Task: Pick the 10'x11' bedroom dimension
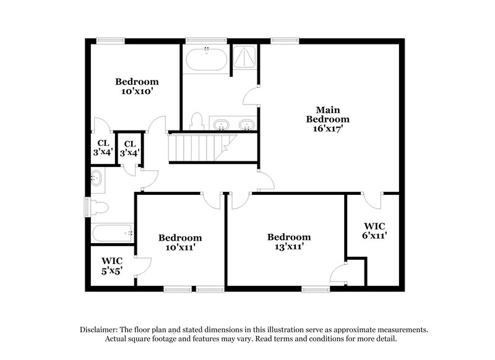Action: click(x=179, y=247)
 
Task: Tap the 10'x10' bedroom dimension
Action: click(x=137, y=91)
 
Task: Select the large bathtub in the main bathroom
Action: click(x=206, y=59)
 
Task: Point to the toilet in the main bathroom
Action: click(x=198, y=120)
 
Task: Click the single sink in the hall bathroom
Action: click(x=97, y=179)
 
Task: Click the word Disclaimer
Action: click(x=101, y=330)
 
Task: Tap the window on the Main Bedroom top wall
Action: click(x=281, y=41)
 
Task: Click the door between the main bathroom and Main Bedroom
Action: click(x=252, y=96)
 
